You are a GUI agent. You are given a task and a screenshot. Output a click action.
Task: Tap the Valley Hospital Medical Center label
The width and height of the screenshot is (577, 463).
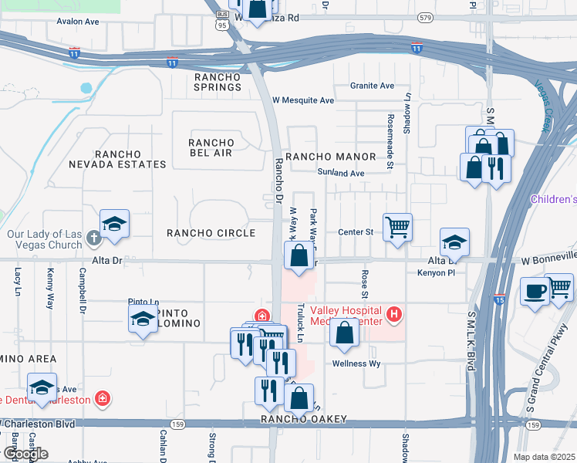click(x=347, y=315)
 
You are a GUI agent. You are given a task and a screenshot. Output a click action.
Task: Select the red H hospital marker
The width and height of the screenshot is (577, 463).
click(x=394, y=315)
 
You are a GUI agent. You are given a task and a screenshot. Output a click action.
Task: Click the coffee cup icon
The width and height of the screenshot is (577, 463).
click(x=535, y=292)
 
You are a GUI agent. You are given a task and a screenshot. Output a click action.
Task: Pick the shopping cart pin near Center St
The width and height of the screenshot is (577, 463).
click(x=397, y=228)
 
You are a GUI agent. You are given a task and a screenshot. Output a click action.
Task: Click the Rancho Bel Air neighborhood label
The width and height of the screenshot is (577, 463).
click(x=211, y=147)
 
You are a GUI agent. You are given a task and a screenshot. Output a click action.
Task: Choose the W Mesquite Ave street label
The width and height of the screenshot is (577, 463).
click(x=303, y=100)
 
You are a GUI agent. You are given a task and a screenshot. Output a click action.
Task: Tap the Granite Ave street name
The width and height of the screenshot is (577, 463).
click(x=372, y=86)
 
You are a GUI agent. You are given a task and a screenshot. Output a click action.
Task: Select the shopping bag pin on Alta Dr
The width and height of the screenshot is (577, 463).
click(x=299, y=255)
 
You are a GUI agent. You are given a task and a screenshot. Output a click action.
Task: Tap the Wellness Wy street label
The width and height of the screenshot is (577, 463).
click(x=357, y=363)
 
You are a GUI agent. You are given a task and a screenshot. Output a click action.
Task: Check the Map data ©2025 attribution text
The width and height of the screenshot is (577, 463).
click(x=545, y=457)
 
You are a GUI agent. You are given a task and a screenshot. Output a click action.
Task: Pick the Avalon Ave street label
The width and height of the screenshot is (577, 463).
click(x=73, y=22)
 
